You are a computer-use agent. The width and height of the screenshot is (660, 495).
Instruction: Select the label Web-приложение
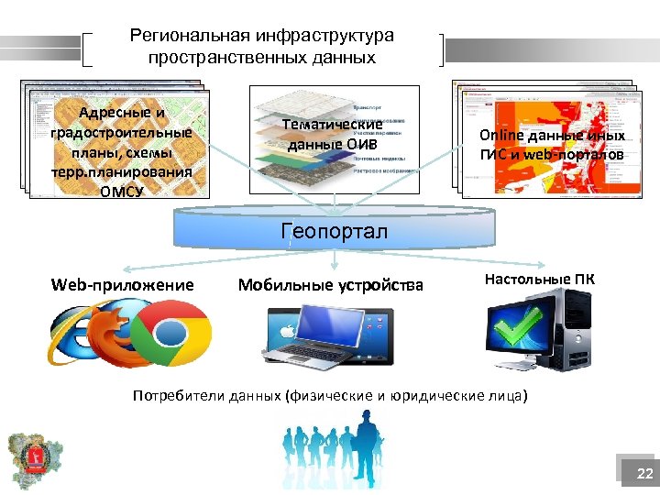(123, 285)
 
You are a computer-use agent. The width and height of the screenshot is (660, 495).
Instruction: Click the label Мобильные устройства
(331, 285)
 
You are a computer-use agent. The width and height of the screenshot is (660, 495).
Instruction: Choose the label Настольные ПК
(539, 278)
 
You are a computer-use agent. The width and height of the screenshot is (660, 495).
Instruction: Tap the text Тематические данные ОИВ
(333, 135)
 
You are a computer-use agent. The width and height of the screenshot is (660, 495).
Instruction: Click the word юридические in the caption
(433, 396)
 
